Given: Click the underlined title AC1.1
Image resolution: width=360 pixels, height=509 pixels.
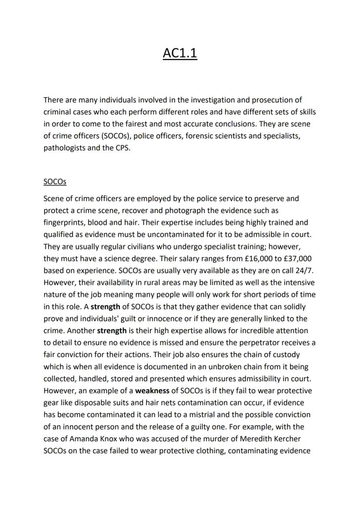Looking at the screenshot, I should pos(180,53).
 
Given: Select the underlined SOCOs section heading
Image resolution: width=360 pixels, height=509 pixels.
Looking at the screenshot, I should pos(55,181).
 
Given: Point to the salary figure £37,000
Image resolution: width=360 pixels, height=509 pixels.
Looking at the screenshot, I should pos(293,258).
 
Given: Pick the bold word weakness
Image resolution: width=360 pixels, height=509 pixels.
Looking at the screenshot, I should pos(152,391).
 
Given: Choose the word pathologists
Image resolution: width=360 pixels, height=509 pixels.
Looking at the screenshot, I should pos(64,147).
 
